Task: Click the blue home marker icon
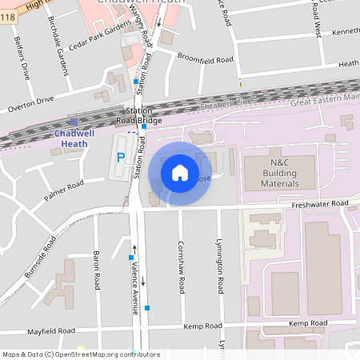(x=180, y=173)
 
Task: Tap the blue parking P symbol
(x=121, y=158)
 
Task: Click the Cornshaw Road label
(x=182, y=264)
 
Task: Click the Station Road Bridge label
(x=144, y=115)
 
